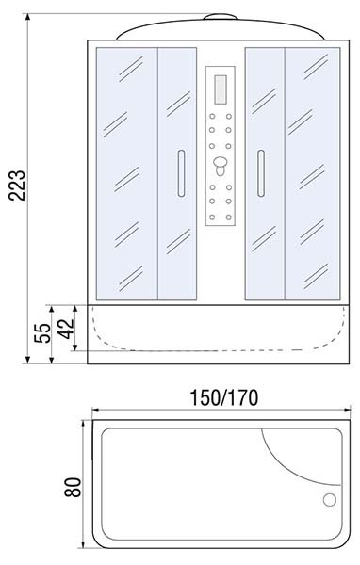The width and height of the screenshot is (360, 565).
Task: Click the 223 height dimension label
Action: click(x=17, y=186)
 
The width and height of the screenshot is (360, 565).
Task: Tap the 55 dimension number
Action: click(x=42, y=333)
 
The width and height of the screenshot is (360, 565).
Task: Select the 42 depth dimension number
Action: click(x=66, y=329)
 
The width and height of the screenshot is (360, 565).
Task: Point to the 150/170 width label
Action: click(x=224, y=397)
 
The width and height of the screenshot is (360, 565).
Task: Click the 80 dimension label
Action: click(x=73, y=488)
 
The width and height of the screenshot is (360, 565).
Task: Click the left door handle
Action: click(x=181, y=173)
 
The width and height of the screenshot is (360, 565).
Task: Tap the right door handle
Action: click(x=261, y=173)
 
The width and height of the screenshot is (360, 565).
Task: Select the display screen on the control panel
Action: click(x=221, y=89)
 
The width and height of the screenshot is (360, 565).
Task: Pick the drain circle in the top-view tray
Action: click(x=330, y=500)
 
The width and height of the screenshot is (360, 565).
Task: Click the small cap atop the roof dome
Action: click(x=221, y=17)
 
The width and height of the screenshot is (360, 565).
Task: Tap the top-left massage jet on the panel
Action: click(x=212, y=117)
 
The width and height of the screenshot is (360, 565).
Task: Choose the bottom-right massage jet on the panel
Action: click(x=229, y=218)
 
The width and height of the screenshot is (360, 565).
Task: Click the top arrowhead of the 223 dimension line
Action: click(x=27, y=17)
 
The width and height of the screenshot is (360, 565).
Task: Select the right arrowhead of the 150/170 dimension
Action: click(x=348, y=410)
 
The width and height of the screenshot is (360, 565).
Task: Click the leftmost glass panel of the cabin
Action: click(x=127, y=173)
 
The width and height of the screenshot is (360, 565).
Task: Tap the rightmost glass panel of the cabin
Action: click(x=312, y=173)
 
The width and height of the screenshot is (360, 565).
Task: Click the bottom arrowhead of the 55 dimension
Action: click(x=52, y=360)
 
